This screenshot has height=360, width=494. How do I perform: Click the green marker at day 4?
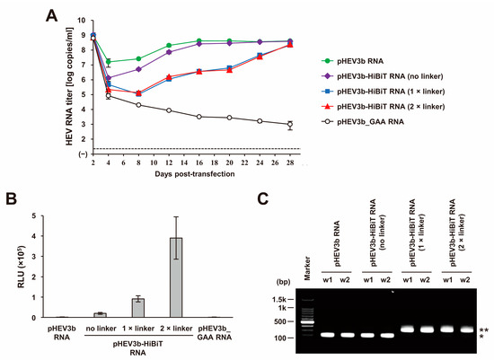point(109,62)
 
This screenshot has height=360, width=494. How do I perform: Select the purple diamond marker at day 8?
point(138,69)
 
